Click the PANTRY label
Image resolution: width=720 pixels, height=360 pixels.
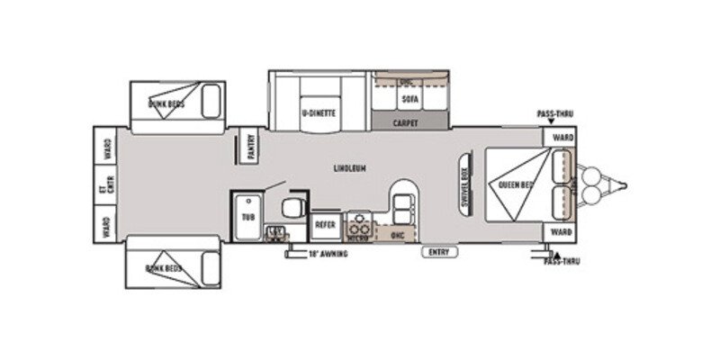(x=251, y=145)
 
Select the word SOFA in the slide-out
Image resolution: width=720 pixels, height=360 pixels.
(x=409, y=98)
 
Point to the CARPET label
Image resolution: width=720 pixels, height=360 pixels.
(x=406, y=123)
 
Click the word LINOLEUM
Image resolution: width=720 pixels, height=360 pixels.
(x=349, y=168)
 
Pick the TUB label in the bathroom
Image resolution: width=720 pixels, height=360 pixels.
(x=247, y=217)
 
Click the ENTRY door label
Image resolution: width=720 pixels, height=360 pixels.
(x=438, y=251)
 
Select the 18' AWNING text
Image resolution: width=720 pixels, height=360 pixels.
(x=328, y=254)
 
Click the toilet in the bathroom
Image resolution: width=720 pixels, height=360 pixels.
(x=292, y=209)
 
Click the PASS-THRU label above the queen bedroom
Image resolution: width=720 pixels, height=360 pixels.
(x=554, y=114)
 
